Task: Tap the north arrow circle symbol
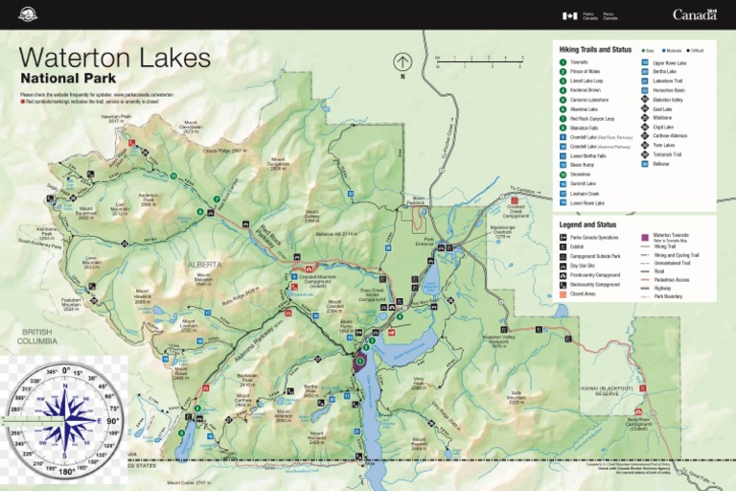[402, 62]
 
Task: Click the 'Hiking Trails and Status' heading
[595, 48]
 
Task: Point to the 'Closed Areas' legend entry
[587, 294]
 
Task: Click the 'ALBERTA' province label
[204, 265]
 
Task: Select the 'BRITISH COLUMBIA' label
[38, 336]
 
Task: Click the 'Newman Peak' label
[116, 118]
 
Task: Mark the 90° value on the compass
[111, 421]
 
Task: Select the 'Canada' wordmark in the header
[695, 14]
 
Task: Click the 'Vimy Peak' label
[419, 382]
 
